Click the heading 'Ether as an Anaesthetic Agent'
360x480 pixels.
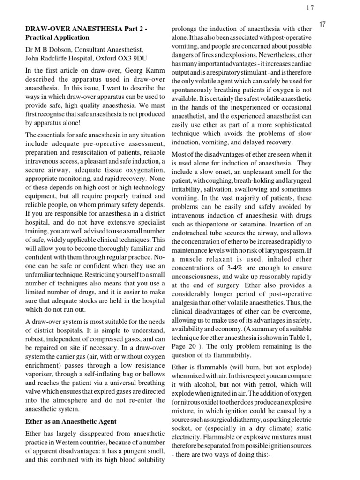[70, 421]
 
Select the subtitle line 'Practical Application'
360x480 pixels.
[57, 37]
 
